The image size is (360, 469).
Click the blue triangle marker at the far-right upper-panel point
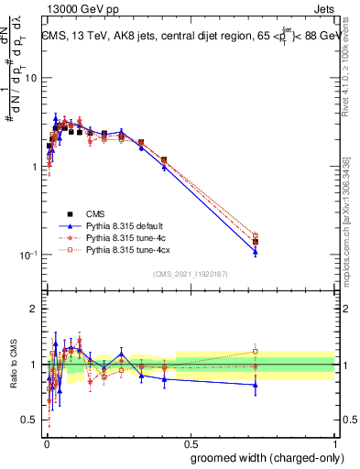coord(255,252)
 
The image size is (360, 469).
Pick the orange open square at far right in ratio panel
coord(255,351)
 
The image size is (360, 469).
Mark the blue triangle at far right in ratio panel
coord(255,385)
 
